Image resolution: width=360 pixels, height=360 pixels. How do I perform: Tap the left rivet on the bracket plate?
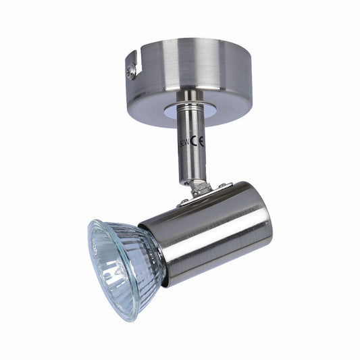pyautogui.click(x=183, y=201)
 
